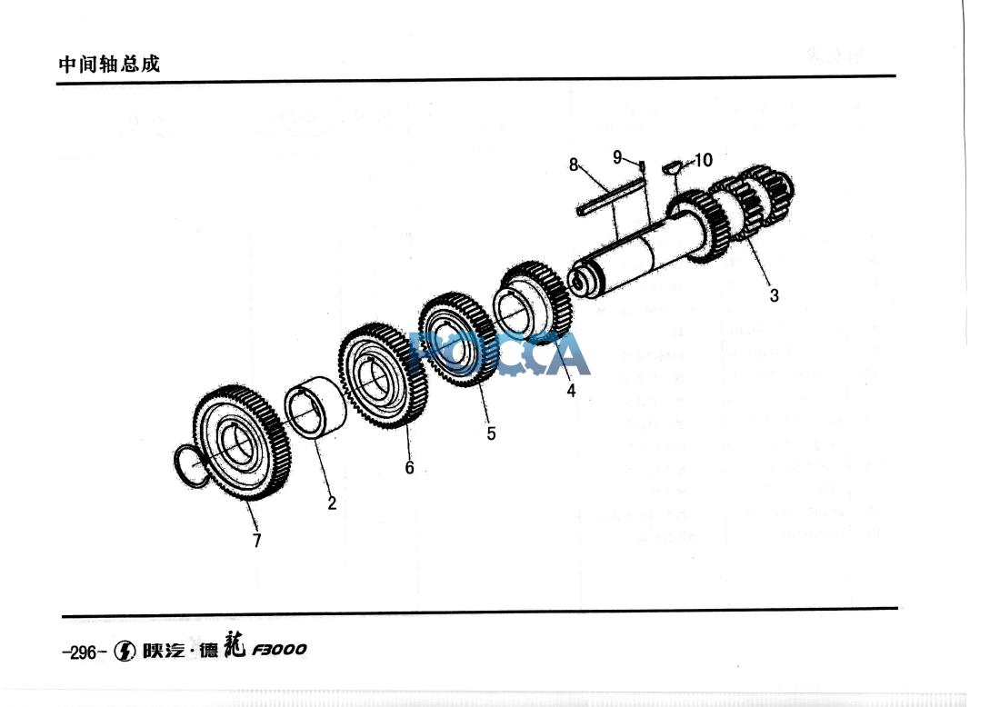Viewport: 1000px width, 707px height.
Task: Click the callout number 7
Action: click(x=257, y=541)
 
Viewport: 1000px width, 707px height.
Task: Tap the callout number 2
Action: click(x=333, y=503)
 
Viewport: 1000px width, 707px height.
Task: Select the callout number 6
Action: click(x=410, y=467)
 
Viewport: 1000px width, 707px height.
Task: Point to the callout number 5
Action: click(x=491, y=433)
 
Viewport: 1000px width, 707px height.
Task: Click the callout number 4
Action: click(x=571, y=391)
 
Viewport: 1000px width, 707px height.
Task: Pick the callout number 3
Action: click(x=774, y=295)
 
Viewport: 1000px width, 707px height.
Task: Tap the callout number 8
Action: click(x=574, y=164)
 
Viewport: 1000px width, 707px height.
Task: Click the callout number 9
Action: click(x=617, y=156)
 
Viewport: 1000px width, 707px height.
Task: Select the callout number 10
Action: click(x=703, y=161)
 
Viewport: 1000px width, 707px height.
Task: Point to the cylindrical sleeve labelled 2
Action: click(x=315, y=411)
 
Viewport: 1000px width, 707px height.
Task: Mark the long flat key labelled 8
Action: click(x=609, y=197)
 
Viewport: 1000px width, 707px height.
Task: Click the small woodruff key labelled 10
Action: click(x=673, y=166)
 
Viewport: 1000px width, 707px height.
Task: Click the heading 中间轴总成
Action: click(x=108, y=65)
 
